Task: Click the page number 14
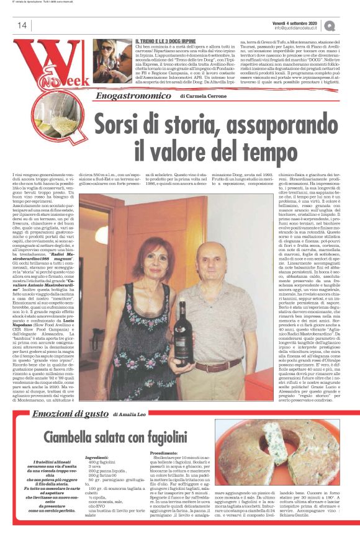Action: point(22,25)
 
